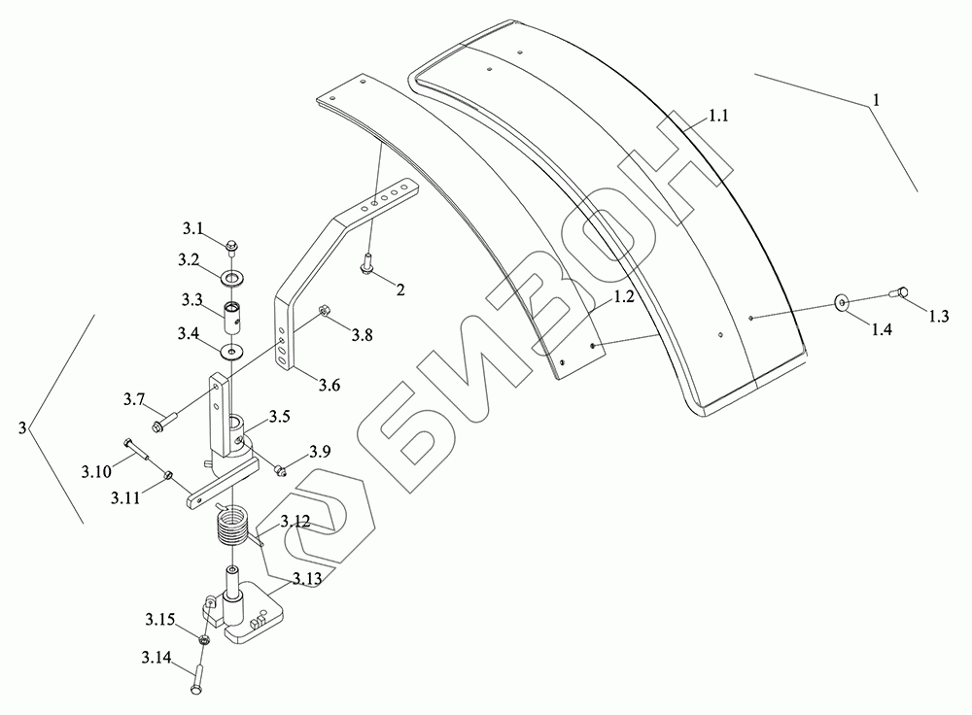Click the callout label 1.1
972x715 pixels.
[x=718, y=116]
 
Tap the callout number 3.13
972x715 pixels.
[x=307, y=579]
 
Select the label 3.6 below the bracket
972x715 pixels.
[x=330, y=386]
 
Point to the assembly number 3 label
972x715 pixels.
[x=22, y=427]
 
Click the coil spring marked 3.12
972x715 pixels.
[x=233, y=525]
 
